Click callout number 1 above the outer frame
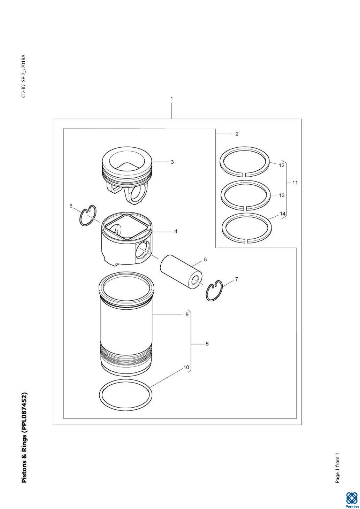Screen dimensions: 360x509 pos(171,99)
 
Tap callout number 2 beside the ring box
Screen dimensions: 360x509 pos(237,134)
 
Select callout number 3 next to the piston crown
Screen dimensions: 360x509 pos(172,162)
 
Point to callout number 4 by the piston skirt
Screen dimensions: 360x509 pos(176,232)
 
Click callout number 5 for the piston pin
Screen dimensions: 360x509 pos(205,260)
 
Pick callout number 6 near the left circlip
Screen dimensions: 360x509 pos(71,206)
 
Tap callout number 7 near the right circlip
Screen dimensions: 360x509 pos(237,279)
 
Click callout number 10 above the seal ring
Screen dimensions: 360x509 pos(186,368)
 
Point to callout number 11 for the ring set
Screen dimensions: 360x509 pos(295,183)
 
